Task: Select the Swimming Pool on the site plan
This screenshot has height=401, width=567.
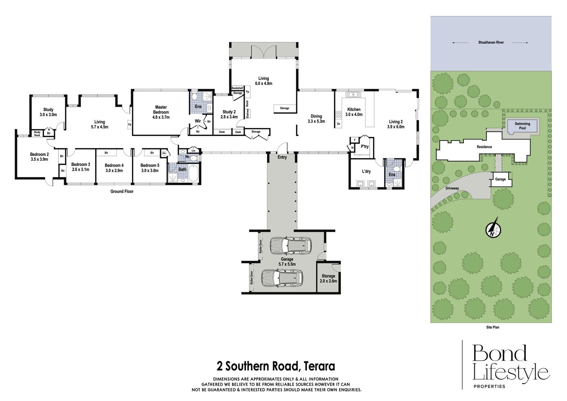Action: [x=522, y=126]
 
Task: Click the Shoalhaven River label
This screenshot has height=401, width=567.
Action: [x=491, y=43]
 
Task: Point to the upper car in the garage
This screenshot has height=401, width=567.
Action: [x=291, y=246]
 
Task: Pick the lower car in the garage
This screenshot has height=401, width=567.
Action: [x=282, y=278]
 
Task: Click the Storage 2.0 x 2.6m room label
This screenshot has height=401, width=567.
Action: [x=328, y=278]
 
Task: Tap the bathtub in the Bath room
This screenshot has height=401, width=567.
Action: [x=193, y=173]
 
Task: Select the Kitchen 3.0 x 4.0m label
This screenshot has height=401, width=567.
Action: [x=354, y=112]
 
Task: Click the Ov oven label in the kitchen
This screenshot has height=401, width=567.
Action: [x=338, y=124]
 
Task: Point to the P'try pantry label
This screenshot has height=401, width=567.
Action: [x=365, y=146]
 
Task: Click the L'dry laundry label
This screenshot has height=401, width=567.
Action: [x=366, y=172]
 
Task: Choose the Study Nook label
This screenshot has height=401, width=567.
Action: [x=37, y=134]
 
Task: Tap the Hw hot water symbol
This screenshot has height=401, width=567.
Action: [x=164, y=153]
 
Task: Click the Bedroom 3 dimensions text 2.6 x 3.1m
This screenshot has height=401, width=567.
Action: [x=81, y=170]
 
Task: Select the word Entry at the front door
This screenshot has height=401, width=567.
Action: [x=282, y=157]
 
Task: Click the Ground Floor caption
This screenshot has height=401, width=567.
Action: [x=122, y=191]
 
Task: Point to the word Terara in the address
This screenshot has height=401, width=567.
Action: [x=319, y=366]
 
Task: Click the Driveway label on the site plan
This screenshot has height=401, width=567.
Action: [x=452, y=188]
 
